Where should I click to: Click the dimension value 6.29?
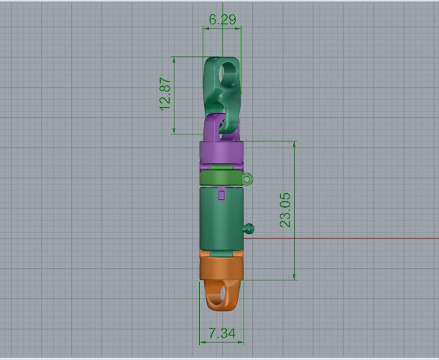pos(221,19)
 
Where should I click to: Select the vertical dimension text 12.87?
pos(166,94)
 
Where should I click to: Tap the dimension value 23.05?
pos(286,210)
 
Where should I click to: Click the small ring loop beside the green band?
pos(248,178)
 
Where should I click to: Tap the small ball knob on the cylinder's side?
pos(249,229)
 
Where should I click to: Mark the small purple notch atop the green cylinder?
pos(221,194)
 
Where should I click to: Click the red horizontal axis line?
pos(345,238)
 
